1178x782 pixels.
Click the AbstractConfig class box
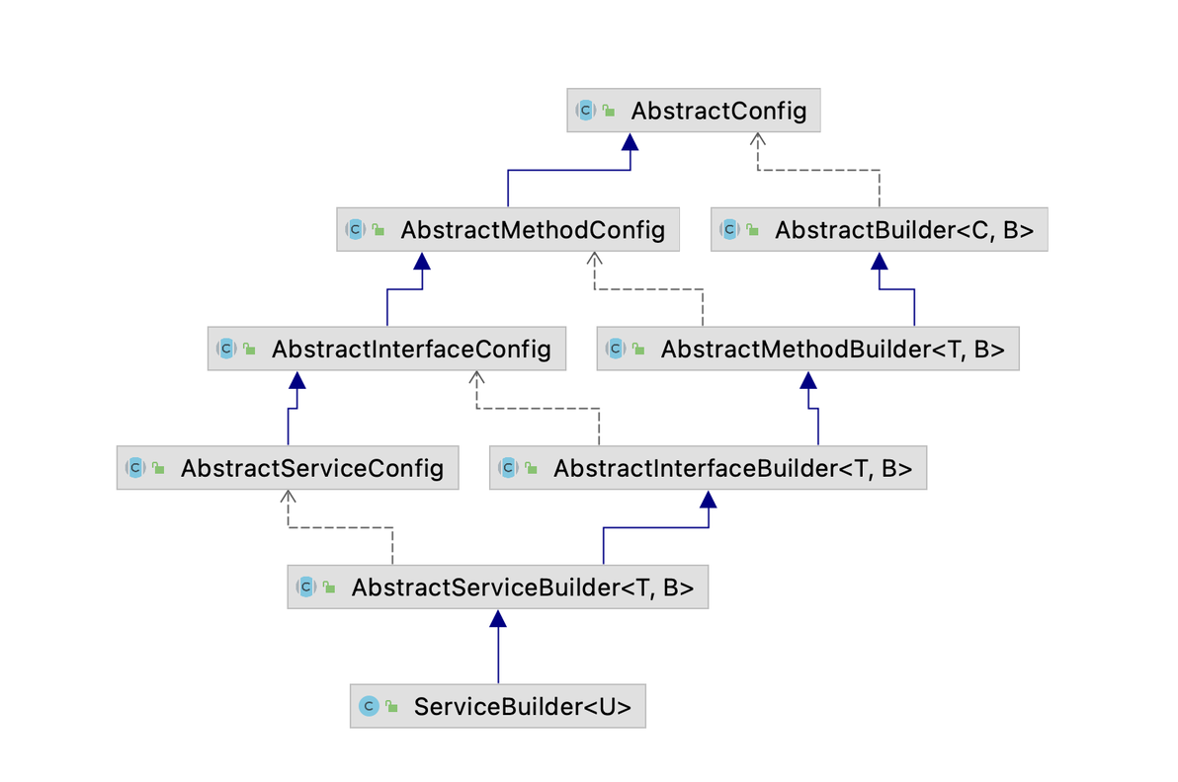click(694, 111)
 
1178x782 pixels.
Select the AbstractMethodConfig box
click(508, 230)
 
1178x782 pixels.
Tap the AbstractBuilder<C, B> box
click(879, 230)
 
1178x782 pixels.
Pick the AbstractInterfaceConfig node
click(387, 349)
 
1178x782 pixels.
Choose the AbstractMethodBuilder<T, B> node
click(807, 349)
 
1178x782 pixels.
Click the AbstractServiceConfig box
click(288, 468)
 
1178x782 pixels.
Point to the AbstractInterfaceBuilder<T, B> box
click(708, 468)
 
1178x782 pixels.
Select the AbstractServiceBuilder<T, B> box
click(497, 586)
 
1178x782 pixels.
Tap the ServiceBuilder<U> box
click(497, 706)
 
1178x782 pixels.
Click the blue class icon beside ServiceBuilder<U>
click(368, 706)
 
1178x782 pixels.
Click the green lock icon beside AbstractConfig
click(610, 111)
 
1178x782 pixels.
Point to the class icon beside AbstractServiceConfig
click(135, 468)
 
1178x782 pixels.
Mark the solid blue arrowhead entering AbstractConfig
click(630, 141)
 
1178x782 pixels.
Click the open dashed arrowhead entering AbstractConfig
click(757, 139)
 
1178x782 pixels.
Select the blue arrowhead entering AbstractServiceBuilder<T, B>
click(497, 618)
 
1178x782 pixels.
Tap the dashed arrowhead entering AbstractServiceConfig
click(288, 497)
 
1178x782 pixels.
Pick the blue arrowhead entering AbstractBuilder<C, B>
click(879, 261)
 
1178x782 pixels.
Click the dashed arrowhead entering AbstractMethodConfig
click(594, 259)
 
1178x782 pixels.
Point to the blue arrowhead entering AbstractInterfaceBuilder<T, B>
click(708, 499)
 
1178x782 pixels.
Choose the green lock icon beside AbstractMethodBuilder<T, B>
click(638, 349)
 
